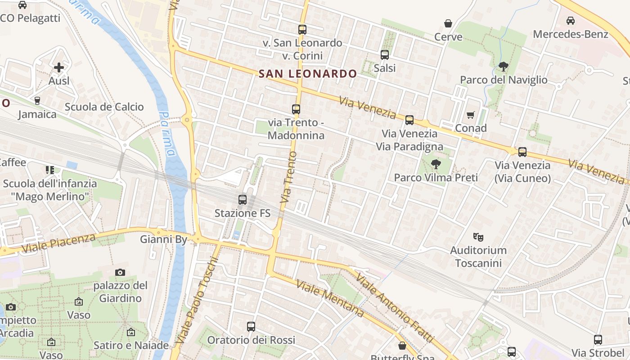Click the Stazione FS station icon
(243, 199)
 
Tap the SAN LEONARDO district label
(308, 74)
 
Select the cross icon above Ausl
(59, 67)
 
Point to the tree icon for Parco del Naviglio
(503, 67)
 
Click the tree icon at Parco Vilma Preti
(436, 164)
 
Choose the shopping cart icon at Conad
(471, 115)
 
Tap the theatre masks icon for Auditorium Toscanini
(478, 236)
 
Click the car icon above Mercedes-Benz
(570, 21)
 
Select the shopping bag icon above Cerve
(448, 23)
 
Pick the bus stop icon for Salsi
(385, 55)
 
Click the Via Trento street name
(288, 180)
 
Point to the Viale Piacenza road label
(58, 243)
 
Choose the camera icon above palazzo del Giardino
(120, 272)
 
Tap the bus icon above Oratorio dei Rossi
(251, 327)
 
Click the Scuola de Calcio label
(104, 107)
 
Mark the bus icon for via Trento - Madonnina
(296, 109)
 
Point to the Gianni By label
(163, 239)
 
